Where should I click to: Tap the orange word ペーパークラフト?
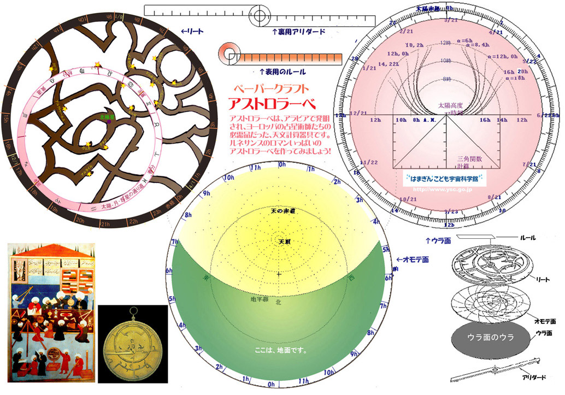pyautogui.click(x=271, y=88)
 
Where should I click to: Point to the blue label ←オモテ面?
pyautogui.click(x=413, y=259)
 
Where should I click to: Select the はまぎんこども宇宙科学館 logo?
pyautogui.click(x=444, y=178)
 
